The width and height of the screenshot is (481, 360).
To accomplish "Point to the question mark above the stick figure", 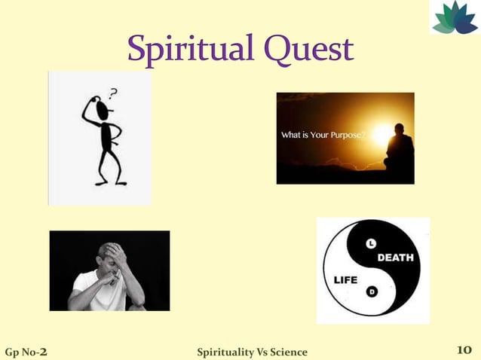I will [113, 93].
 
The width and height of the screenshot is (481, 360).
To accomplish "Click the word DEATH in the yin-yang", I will [395, 258].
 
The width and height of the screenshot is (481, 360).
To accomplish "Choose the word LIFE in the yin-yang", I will [346, 279].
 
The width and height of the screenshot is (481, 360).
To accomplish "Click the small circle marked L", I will [371, 243].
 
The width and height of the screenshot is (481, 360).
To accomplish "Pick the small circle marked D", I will [371, 291].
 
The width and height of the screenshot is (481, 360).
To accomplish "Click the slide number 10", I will [464, 350].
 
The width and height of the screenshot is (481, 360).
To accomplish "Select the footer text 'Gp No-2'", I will [27, 351].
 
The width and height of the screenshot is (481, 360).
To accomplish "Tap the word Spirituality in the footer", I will [224, 352].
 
